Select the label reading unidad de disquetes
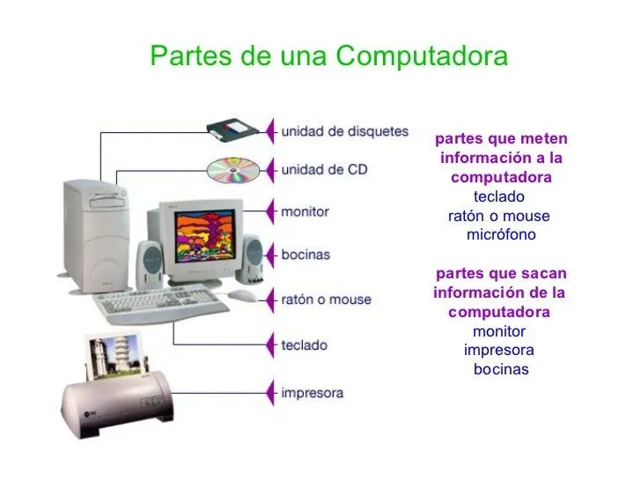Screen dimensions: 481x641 [344, 132]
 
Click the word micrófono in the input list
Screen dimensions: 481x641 [500, 236]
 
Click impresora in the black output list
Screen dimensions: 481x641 [499, 351]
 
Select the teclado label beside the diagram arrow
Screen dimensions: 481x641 [304, 346]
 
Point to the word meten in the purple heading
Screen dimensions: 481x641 [545, 140]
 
